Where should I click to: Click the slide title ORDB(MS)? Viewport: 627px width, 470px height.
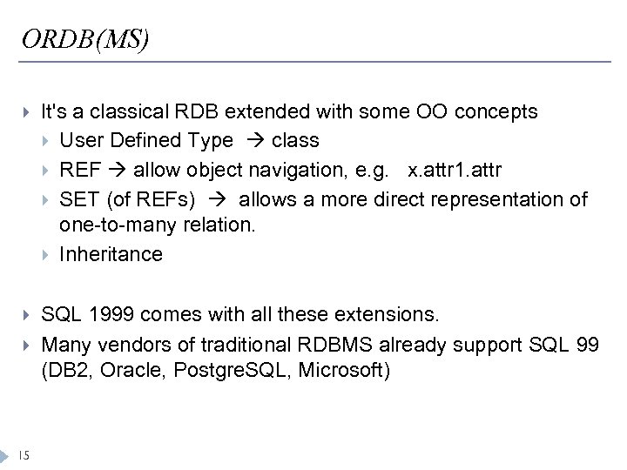(x=85, y=39)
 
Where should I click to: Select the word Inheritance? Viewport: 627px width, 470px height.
(x=111, y=254)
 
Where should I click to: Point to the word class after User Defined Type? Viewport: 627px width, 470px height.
(x=295, y=140)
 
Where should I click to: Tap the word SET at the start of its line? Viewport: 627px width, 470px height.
(x=78, y=199)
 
